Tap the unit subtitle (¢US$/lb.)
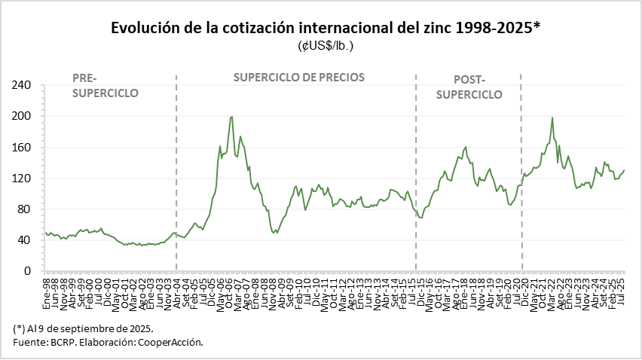tap(326, 45)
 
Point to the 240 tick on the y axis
tap(22, 85)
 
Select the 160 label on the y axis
tap(22, 147)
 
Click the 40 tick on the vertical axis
tap(25, 240)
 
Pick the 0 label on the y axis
tap(28, 271)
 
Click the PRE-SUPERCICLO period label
tap(105, 85)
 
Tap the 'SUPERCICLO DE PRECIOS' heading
tap(299, 77)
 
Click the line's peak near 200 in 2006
tap(231, 117)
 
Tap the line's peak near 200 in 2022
tap(552, 117)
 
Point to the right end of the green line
tap(624, 170)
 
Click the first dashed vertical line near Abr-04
tap(176, 173)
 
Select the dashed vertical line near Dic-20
tap(521, 173)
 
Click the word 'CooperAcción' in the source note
tap(172, 343)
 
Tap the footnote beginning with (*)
tap(84, 329)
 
